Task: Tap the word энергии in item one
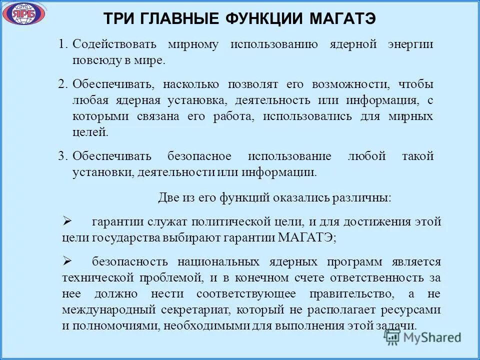pyautogui.click(x=410, y=44)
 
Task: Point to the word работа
pyautogui.click(x=233, y=116)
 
